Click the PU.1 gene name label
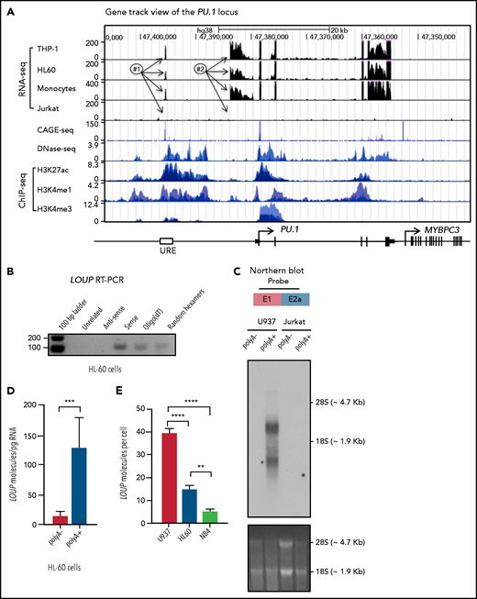[x=292, y=230]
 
